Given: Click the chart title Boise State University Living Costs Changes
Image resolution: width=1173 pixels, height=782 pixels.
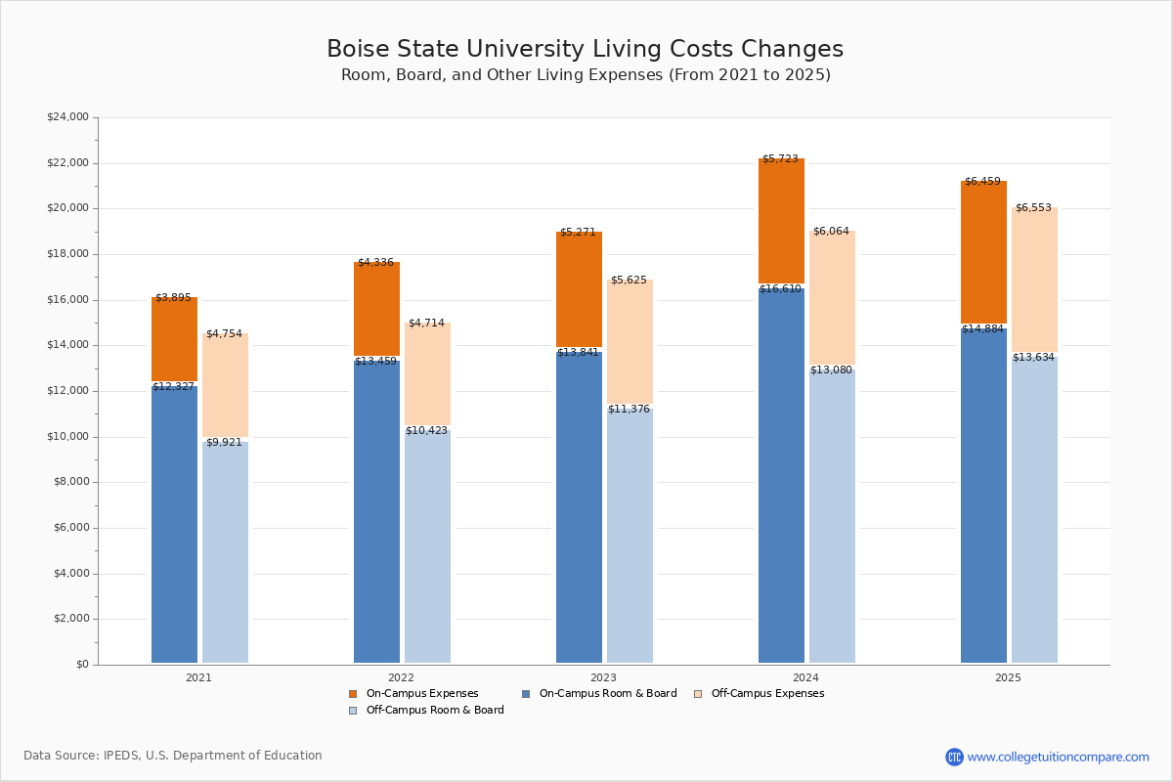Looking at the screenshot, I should click(585, 50).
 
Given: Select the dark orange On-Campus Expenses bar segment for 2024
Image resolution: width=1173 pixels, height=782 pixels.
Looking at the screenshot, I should click(781, 221).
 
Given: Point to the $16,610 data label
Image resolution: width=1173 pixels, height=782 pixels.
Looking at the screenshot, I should click(780, 289).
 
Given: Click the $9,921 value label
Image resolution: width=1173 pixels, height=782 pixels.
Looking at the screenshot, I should click(224, 443).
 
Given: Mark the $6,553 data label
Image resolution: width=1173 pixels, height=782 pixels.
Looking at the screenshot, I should click(1034, 208).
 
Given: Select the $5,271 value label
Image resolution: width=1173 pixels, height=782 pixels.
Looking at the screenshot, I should click(578, 233).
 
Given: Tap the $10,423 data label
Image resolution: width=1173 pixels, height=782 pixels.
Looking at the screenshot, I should click(426, 431).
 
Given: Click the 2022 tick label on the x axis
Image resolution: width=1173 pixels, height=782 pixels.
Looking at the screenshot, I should click(401, 677).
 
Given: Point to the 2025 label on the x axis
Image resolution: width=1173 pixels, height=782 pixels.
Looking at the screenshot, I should click(1008, 677).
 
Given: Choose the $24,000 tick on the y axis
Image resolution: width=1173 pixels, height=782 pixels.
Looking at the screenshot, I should click(67, 117).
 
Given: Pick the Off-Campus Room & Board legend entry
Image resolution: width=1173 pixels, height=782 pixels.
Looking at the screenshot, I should click(434, 711).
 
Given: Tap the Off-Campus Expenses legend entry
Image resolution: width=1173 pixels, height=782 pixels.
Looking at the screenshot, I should click(766, 694).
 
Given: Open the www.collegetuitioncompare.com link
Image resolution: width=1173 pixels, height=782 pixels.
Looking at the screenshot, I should click(1058, 757).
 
